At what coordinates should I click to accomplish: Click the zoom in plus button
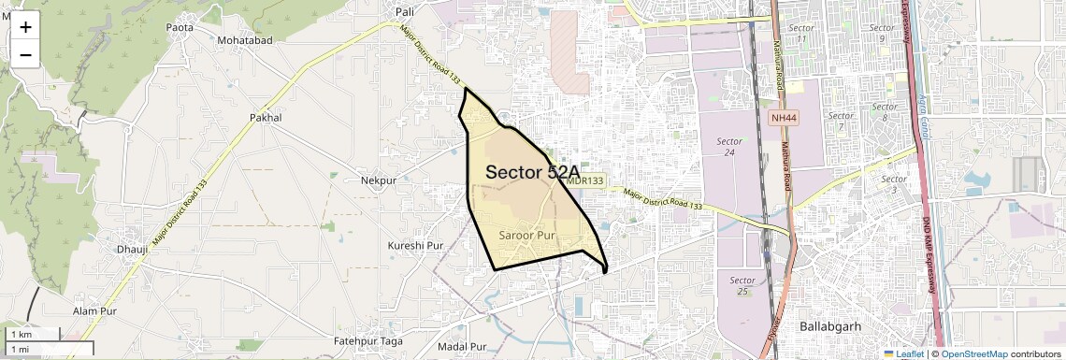tap(25, 28)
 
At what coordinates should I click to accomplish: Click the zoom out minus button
tap(25, 54)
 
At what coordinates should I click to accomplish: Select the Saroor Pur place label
tap(528, 236)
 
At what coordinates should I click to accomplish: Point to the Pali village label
tap(405, 11)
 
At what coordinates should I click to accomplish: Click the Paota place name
tap(180, 27)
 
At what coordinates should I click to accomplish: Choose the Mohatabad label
tap(244, 41)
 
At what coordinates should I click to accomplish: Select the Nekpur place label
tap(379, 180)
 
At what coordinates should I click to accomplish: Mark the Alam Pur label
tap(94, 310)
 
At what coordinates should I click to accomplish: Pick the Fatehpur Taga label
tap(368, 341)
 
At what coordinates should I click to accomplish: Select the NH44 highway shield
tap(784, 118)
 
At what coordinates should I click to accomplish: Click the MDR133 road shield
tap(584, 180)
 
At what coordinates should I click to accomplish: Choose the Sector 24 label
tap(729, 147)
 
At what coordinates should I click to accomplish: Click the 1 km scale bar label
tap(22, 334)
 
